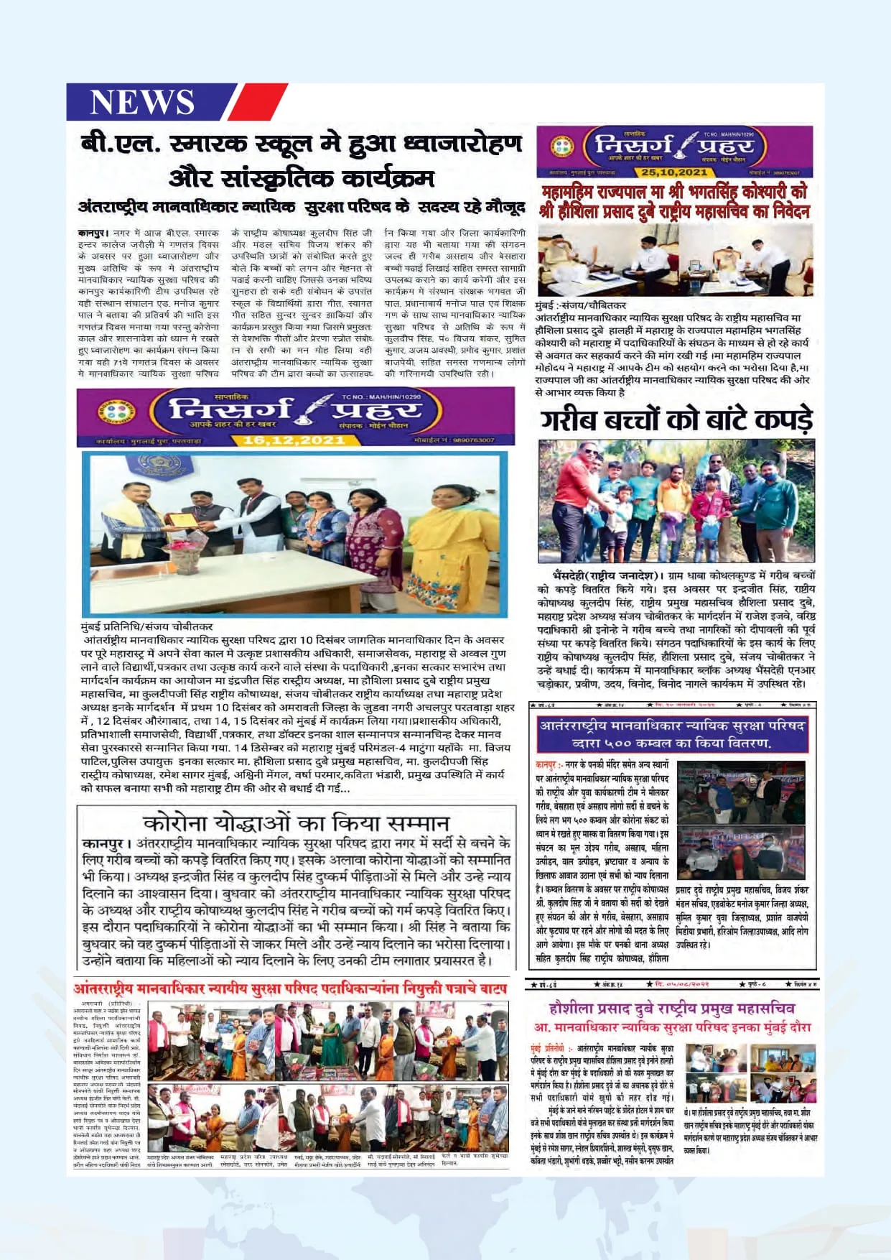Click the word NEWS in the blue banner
[x=141, y=101]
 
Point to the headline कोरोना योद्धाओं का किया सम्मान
[x=296, y=823]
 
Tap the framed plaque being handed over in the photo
[x=182, y=521]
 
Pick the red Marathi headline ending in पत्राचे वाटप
[x=290, y=989]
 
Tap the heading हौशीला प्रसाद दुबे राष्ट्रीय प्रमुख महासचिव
[x=671, y=1009]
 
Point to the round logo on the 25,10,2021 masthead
[x=562, y=147]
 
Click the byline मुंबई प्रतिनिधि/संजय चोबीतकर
[x=147, y=626]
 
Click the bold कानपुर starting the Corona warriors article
[x=106, y=843]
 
